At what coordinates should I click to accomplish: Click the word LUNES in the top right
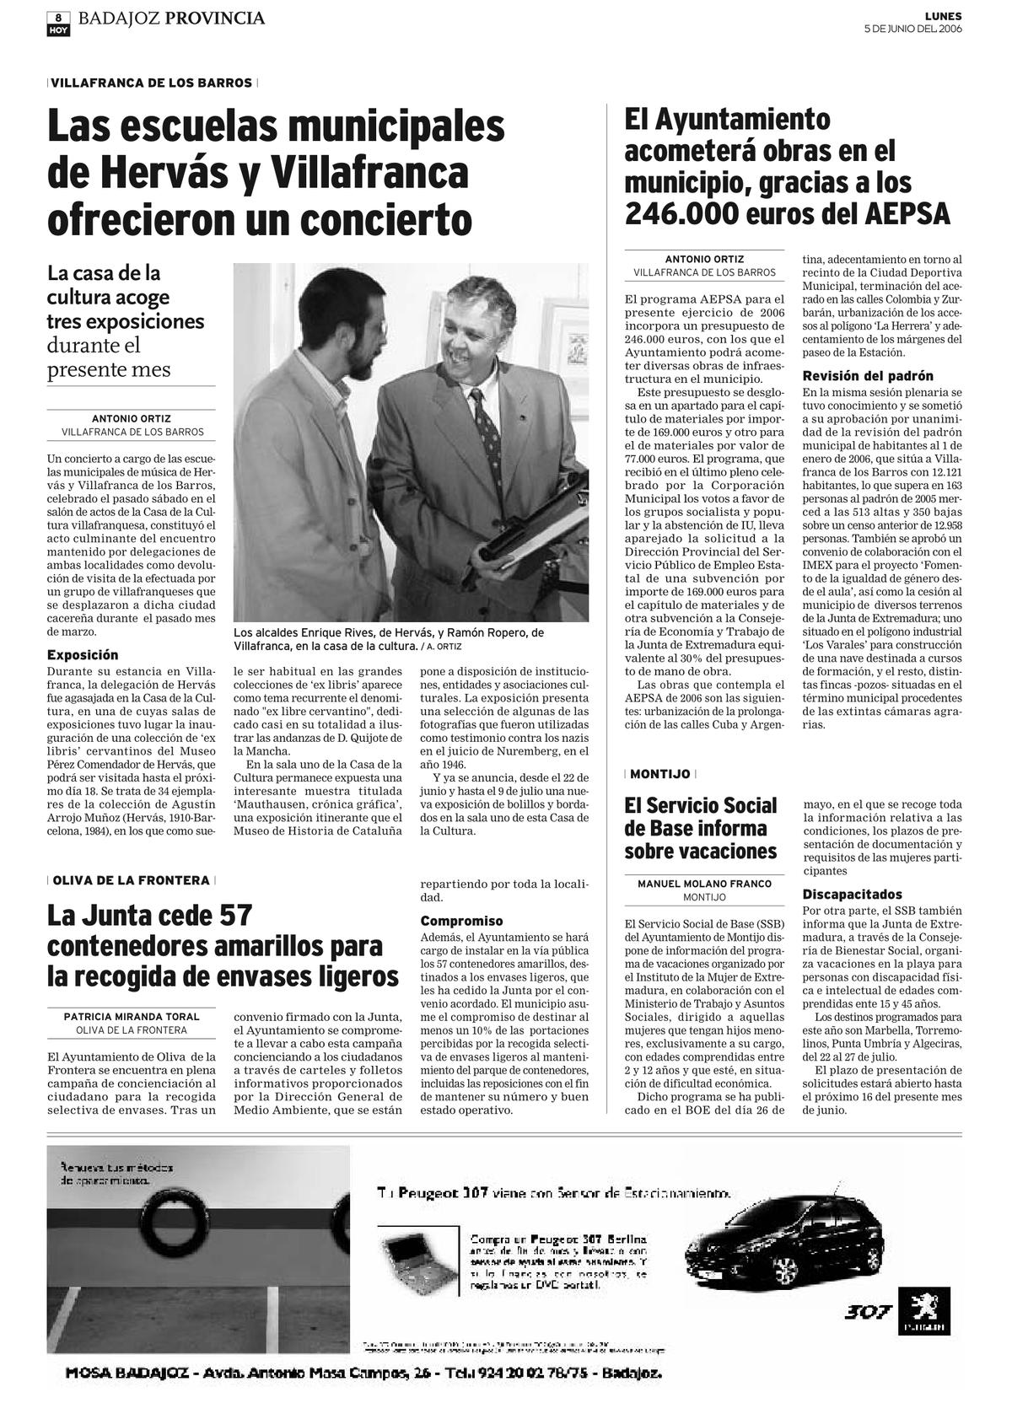[943, 16]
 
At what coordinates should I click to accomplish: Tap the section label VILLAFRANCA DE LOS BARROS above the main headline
[152, 83]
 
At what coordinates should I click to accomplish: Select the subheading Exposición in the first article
[83, 654]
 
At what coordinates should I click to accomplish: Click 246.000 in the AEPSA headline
[680, 214]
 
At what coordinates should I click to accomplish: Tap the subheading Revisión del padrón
[868, 376]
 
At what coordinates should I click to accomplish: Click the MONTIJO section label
[659, 773]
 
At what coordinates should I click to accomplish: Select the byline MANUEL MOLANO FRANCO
[704, 884]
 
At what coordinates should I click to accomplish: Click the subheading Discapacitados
[852, 894]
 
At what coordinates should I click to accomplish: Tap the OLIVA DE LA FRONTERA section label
[131, 879]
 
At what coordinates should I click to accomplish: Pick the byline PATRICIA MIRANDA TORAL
[132, 1016]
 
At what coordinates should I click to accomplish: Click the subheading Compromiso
[461, 921]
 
